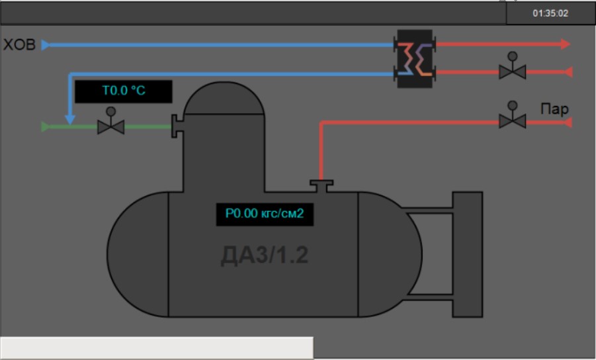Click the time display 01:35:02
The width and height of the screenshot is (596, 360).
tap(550, 13)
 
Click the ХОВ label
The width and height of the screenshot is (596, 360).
tap(19, 45)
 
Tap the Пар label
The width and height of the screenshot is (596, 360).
tap(554, 109)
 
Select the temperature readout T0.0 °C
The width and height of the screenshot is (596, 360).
tap(124, 92)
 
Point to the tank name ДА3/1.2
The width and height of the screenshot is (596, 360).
tap(265, 255)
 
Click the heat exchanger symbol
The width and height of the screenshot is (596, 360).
tap(415, 58)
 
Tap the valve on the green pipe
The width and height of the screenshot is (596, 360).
tap(110, 125)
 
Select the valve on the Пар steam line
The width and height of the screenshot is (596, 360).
tap(511, 120)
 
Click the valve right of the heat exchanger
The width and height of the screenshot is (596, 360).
tap(511, 69)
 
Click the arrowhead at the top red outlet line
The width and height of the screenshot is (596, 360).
tap(566, 44)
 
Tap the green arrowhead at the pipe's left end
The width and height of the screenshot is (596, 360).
tap(45, 126)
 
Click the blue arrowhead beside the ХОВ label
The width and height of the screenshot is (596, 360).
tap(46, 45)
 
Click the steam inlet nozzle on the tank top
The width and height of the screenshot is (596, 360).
tap(321, 185)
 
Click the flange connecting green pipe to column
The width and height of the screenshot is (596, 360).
tap(176, 126)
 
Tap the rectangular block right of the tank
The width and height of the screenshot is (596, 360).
tap(467, 255)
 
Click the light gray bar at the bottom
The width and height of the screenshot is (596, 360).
tap(157, 347)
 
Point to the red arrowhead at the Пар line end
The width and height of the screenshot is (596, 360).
tap(566, 122)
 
